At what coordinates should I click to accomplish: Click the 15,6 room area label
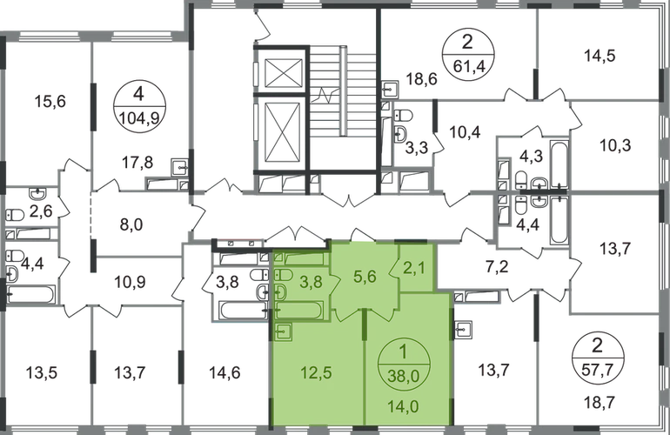(x=50, y=102)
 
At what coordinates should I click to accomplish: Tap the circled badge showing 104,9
(x=139, y=106)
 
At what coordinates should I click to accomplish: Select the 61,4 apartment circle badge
(x=467, y=55)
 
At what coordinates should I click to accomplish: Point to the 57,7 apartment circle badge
(x=597, y=357)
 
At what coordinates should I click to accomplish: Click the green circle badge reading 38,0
(x=404, y=365)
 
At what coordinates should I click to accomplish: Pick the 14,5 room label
(x=600, y=56)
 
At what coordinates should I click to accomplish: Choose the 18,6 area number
(x=421, y=78)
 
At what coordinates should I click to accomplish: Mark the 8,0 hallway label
(x=131, y=224)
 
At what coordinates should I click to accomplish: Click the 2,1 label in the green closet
(x=414, y=269)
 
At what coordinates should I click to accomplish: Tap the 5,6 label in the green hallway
(x=365, y=277)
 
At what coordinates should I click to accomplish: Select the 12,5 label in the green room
(x=316, y=372)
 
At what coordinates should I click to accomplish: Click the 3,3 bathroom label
(x=417, y=149)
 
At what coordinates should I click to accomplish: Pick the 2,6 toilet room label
(x=41, y=211)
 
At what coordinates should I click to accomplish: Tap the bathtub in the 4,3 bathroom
(x=559, y=164)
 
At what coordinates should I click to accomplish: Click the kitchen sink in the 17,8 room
(x=180, y=167)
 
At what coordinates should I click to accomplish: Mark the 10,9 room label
(x=130, y=282)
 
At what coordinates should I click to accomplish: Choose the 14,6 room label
(x=224, y=372)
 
